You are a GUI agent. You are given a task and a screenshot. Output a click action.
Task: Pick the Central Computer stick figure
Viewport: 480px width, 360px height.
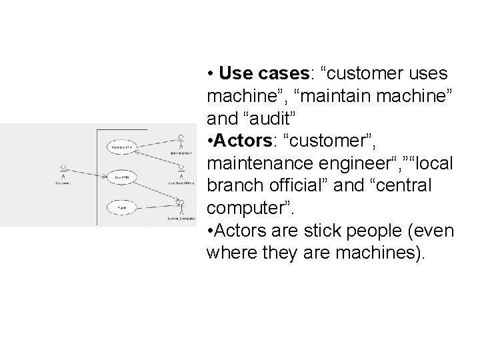coord(180,204)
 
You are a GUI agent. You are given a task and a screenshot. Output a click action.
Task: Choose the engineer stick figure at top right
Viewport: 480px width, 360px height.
coord(181,141)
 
